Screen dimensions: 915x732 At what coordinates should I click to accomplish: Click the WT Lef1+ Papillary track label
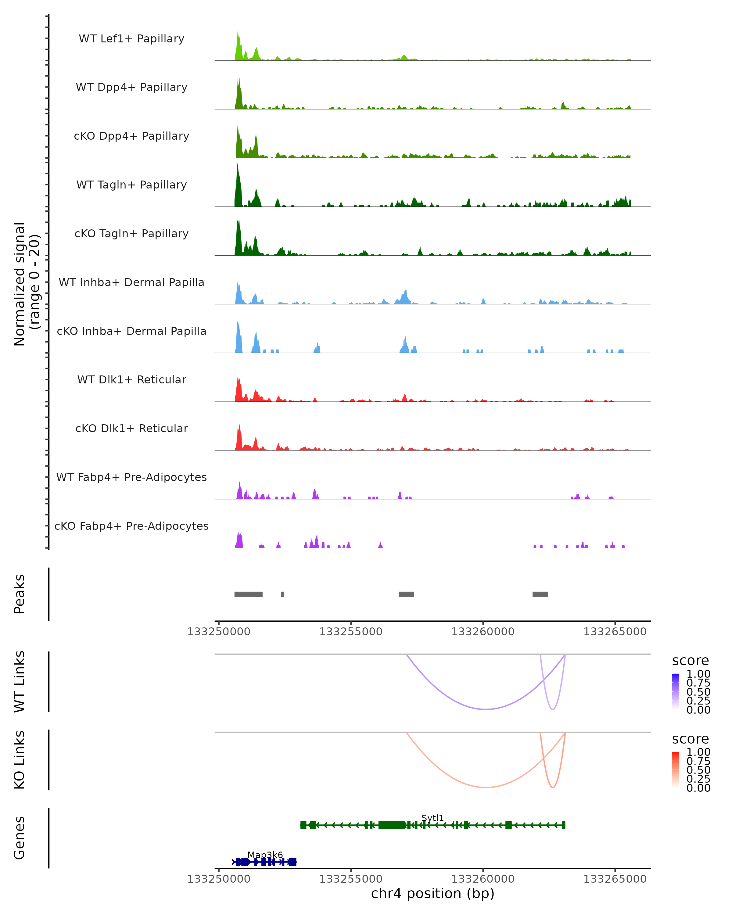[131, 39]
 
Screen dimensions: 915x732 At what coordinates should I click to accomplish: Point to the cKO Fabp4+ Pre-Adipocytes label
[131, 526]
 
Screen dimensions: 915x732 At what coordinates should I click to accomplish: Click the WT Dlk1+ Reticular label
[131, 379]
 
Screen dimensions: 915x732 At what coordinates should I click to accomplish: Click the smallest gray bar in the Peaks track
[283, 594]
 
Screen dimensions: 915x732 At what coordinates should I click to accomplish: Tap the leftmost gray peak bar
[248, 594]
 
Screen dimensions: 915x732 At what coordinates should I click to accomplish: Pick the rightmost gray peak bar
[540, 594]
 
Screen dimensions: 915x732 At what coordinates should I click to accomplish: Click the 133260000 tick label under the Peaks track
[483, 632]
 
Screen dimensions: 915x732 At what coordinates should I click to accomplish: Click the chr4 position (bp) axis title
[432, 893]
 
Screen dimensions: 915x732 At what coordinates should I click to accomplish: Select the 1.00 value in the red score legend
[698, 752]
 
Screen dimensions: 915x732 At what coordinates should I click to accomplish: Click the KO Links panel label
[20, 760]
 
